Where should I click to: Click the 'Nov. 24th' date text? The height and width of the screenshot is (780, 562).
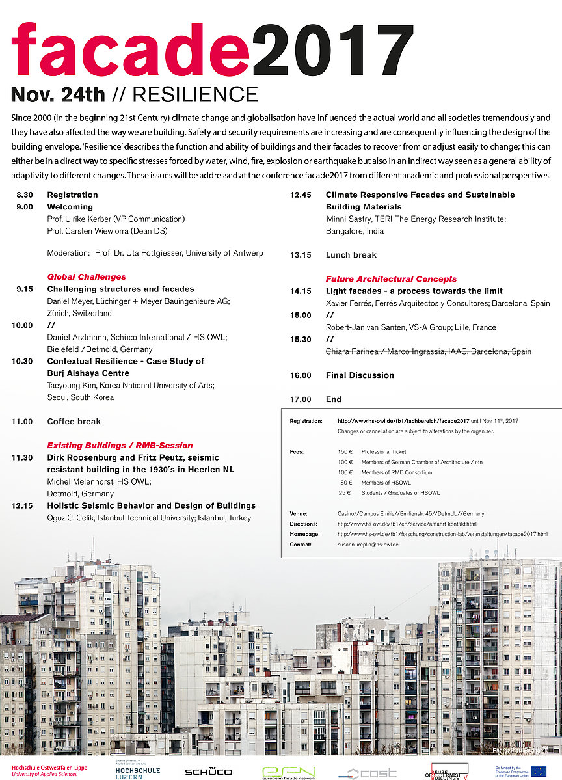click(58, 95)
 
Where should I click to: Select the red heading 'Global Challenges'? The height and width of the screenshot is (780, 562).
click(87, 276)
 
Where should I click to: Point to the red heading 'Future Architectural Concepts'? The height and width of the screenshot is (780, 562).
click(391, 279)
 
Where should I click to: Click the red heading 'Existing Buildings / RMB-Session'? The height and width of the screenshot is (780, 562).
click(120, 446)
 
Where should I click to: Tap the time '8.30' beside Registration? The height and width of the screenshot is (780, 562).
click(25, 195)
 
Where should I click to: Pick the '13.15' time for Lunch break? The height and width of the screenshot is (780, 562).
click(301, 255)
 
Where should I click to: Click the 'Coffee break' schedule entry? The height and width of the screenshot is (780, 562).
click(74, 422)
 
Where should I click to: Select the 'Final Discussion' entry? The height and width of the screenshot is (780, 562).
click(360, 375)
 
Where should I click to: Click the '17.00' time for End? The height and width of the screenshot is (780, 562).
click(301, 399)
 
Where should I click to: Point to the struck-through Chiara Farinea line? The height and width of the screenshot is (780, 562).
click(428, 351)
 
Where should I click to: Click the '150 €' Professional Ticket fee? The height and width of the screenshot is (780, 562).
click(345, 451)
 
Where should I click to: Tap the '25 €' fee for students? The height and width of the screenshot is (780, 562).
click(345, 493)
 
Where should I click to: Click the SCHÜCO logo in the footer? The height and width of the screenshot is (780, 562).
click(208, 772)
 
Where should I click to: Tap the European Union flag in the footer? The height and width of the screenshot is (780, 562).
click(537, 772)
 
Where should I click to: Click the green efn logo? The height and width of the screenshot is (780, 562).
click(288, 772)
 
